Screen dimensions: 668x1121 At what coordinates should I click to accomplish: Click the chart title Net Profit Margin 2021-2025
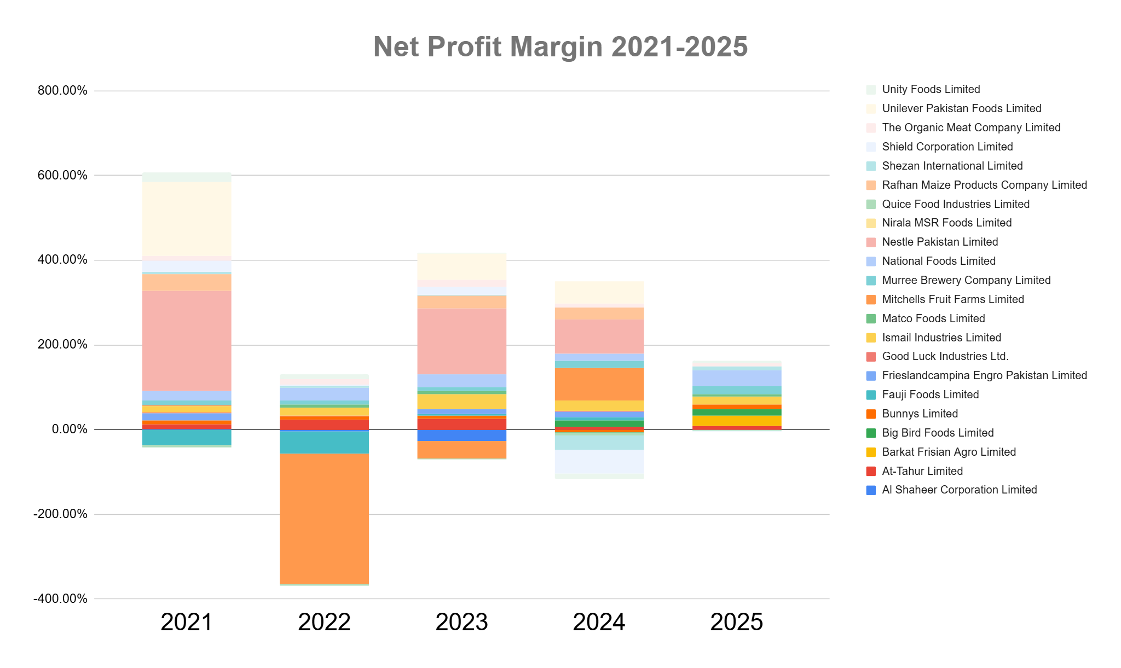tap(560, 47)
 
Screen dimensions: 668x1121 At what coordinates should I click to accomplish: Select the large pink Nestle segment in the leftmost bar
tap(187, 340)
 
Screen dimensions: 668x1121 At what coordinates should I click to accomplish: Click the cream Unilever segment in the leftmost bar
tap(187, 219)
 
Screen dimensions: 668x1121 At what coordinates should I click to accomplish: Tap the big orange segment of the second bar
tap(324, 518)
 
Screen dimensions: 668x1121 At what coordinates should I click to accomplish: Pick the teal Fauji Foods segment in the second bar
tap(324, 442)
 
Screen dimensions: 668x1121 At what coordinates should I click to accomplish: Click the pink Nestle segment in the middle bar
tap(461, 341)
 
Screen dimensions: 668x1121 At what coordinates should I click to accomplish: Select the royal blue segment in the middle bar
tap(461, 435)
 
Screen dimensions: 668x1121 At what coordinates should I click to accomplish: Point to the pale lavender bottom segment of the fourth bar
tap(599, 464)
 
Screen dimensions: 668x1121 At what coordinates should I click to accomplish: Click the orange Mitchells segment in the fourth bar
tap(599, 384)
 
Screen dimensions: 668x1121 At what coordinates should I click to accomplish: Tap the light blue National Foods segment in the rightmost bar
tap(737, 378)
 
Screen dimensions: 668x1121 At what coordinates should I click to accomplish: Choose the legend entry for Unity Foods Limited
tap(931, 89)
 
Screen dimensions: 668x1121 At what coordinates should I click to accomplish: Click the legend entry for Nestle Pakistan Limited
tap(939, 242)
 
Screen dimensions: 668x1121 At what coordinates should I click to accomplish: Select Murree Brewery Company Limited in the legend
tap(966, 280)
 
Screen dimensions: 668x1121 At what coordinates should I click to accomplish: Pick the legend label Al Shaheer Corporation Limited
tap(959, 490)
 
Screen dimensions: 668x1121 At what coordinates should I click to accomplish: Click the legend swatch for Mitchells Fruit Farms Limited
tap(871, 300)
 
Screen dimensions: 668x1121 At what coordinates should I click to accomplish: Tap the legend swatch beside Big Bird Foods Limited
tap(871, 433)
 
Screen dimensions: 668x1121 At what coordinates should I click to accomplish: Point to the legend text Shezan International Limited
tap(952, 166)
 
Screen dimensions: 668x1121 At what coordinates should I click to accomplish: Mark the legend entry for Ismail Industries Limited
tap(941, 338)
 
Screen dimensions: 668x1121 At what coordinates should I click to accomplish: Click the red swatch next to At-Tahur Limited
tap(871, 472)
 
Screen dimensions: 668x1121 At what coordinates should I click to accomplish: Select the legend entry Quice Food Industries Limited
tap(955, 204)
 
